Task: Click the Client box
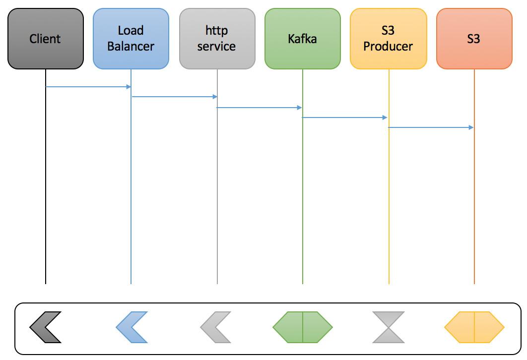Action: [x=46, y=39]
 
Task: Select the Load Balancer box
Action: [x=131, y=39]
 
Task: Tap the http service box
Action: [x=217, y=39]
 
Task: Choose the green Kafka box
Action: [x=303, y=39]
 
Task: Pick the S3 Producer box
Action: [x=388, y=39]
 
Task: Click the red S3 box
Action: [x=474, y=39]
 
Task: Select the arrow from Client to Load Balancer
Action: [x=88, y=87]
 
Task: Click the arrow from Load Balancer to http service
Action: [x=174, y=97]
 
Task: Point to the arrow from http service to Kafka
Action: [x=260, y=107]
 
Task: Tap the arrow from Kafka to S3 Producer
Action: [x=345, y=118]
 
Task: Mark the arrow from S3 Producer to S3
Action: [x=431, y=127]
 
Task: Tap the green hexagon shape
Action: [x=303, y=327]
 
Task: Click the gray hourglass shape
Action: [x=389, y=327]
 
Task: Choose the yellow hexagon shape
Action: [x=474, y=327]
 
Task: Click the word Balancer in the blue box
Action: [x=131, y=47]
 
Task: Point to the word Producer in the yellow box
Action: [x=388, y=47]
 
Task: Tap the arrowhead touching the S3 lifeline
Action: [x=471, y=127]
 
